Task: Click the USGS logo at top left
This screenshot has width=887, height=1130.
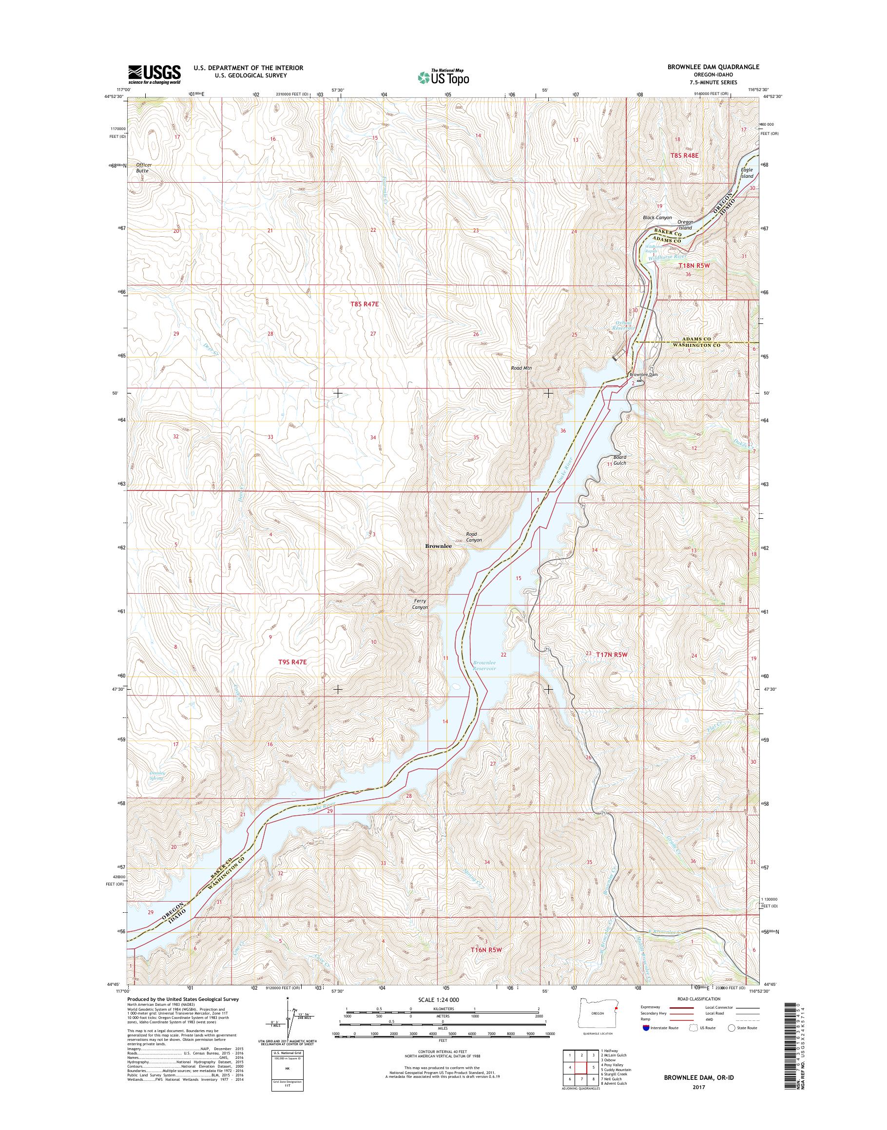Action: (x=155, y=74)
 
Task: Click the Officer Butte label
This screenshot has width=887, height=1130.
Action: (x=143, y=168)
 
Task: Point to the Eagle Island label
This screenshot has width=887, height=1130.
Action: (x=746, y=173)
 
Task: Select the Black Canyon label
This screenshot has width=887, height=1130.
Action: (x=657, y=218)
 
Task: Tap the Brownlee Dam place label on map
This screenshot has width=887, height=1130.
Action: (x=643, y=374)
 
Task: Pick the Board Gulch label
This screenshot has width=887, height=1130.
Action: (x=619, y=460)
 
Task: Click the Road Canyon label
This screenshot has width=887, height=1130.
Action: (x=473, y=537)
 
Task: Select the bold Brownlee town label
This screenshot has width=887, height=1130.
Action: (x=438, y=546)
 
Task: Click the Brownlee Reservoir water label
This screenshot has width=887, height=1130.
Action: (x=484, y=665)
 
